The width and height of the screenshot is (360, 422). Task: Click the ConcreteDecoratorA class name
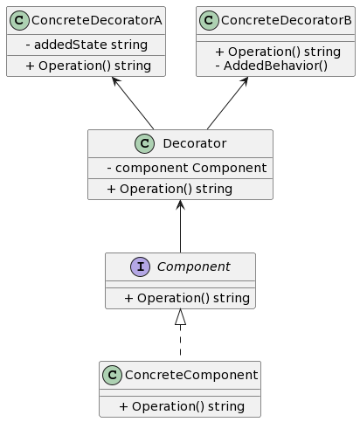pos(97,20)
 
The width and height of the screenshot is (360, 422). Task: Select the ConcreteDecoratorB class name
pos(287,20)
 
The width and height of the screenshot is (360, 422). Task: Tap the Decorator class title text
pos(195,143)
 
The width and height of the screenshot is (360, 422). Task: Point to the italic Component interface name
pos(194,266)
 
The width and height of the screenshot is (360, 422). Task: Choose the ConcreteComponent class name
pos(191,375)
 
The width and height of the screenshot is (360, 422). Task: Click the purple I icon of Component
pos(141,266)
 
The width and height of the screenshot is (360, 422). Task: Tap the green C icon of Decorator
pos(144,143)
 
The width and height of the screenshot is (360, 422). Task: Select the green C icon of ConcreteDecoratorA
pos(19,20)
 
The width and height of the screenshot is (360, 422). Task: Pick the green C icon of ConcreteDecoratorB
pos(209,20)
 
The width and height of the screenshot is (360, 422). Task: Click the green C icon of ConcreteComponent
pos(112,375)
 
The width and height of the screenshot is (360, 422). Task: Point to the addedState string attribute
pos(87,45)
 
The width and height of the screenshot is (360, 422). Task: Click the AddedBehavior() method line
pos(272,66)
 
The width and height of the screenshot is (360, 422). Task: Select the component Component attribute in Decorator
pos(187,168)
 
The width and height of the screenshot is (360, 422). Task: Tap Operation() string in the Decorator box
pos(170,189)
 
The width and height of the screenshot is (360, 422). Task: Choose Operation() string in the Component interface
pos(187,298)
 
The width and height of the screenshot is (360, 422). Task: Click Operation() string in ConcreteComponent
pos(182,406)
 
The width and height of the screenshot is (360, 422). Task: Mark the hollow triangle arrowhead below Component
pos(180,317)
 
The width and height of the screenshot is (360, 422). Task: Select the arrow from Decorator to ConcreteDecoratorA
pos(133,103)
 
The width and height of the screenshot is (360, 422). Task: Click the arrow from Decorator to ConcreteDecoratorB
pos(228,103)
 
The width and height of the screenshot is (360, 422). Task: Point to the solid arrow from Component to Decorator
pos(180,226)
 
